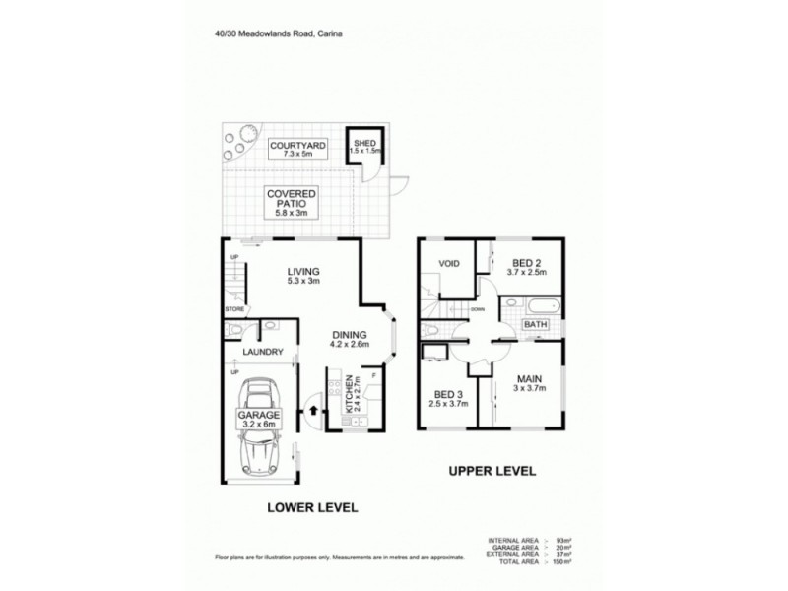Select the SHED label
click(364, 145)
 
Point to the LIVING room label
click(304, 273)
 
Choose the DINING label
click(348, 333)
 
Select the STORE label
click(234, 310)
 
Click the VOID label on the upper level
click(450, 264)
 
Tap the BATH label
click(536, 324)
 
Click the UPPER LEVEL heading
click(492, 472)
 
